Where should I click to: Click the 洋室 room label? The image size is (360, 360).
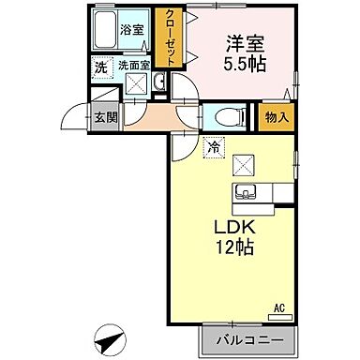[242, 43]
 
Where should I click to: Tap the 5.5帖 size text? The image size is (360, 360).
[242, 65]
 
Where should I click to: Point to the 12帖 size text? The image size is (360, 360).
[233, 251]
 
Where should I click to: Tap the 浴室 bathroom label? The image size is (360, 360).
[131, 30]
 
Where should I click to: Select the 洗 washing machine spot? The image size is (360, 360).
[98, 67]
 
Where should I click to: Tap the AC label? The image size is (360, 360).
[277, 305]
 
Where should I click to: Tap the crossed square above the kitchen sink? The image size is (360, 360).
[247, 164]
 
